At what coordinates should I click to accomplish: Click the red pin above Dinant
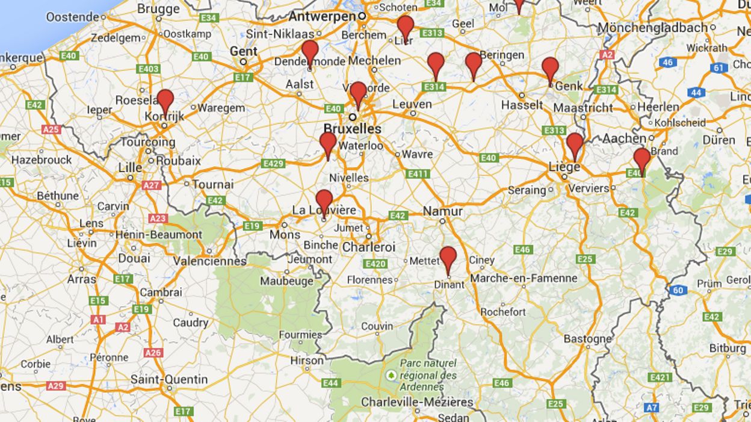coord(448,258)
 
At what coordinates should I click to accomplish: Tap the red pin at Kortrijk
coord(165,100)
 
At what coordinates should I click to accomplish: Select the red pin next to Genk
coord(550,67)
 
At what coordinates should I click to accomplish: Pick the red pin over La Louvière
coord(324,200)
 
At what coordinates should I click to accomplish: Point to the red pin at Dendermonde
coord(310,51)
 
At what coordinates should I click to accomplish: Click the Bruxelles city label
coord(352,129)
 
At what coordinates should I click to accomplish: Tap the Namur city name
coord(442,211)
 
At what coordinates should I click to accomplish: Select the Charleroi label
coord(369,247)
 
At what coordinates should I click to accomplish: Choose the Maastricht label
coord(583,108)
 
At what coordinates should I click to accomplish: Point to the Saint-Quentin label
coord(169,380)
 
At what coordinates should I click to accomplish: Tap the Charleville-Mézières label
coord(417,402)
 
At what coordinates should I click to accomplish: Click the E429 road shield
coord(273,163)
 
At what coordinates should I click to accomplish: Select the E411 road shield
coord(418,174)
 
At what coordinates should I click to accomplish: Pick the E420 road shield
coord(375,264)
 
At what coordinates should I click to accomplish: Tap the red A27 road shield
coord(152,185)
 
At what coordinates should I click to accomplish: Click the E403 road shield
coord(148,69)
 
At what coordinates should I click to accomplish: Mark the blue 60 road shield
coord(678,290)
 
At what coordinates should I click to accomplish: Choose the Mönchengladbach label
coord(652,28)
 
